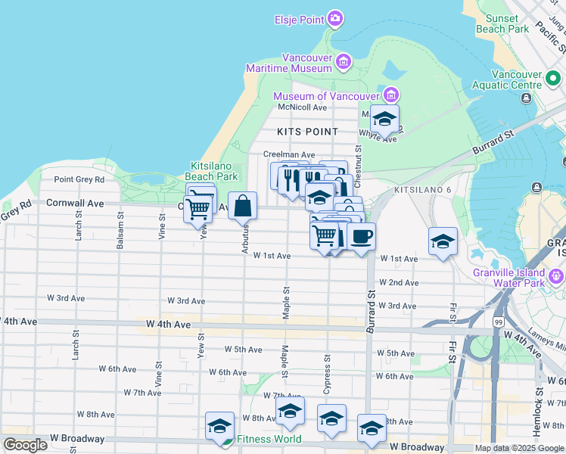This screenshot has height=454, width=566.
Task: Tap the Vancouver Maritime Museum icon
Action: click(x=344, y=61)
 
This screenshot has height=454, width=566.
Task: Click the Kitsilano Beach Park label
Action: click(x=213, y=170)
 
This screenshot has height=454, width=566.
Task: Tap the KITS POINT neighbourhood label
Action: click(x=307, y=132)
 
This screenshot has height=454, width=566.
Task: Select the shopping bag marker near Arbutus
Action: click(x=242, y=206)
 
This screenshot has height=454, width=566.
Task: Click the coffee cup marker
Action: click(x=361, y=236)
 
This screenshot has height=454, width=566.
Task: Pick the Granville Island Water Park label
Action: click(x=519, y=278)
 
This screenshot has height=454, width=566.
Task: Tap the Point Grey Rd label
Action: click(x=79, y=179)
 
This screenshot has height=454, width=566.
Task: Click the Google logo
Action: click(x=25, y=445)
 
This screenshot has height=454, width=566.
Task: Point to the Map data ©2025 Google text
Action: click(x=519, y=448)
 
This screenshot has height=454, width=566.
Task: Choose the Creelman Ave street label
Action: click(x=288, y=154)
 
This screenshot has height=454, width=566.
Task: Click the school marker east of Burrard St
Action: click(x=443, y=241)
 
